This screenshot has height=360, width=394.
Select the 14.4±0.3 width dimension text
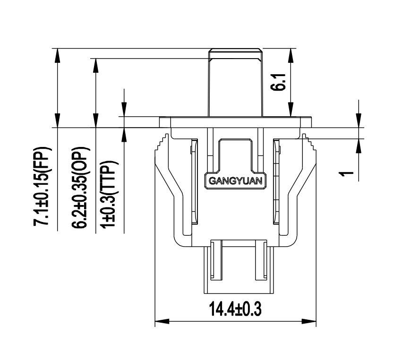coord(235,310)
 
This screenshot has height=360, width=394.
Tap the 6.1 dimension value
coord(281,84)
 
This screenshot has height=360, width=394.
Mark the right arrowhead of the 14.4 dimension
coord(310,322)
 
